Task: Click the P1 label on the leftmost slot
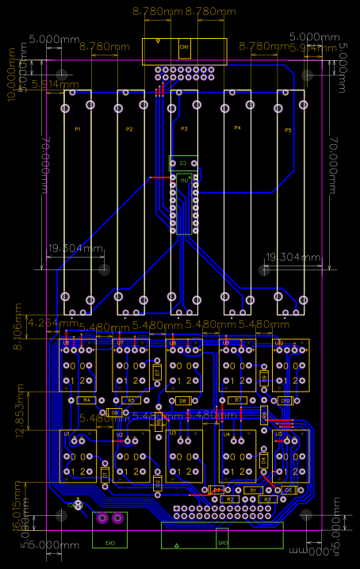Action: click(77, 129)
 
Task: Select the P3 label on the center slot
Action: click(184, 129)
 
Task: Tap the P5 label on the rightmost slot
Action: click(288, 129)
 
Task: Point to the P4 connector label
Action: click(237, 128)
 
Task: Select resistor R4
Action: click(88, 400)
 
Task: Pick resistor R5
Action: click(132, 400)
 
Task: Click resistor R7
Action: click(237, 400)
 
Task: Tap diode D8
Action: click(183, 401)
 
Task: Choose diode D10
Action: click(285, 401)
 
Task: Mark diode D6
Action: click(115, 413)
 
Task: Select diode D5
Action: click(289, 491)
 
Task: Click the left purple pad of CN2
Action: click(102, 519)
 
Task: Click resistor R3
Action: click(267, 499)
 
